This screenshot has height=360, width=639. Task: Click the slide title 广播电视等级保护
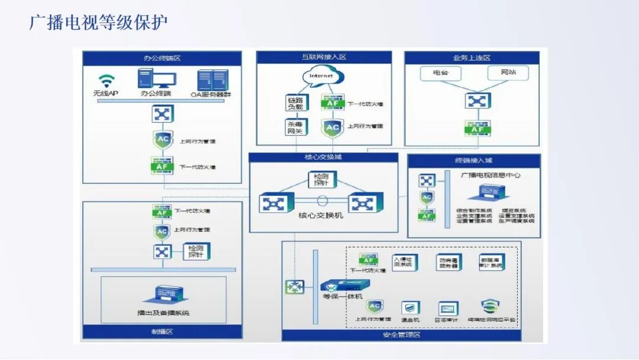click(x=98, y=22)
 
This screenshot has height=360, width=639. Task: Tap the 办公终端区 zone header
click(x=162, y=59)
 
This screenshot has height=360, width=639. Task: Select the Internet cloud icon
click(x=322, y=76)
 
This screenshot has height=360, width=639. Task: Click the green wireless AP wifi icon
click(x=106, y=81)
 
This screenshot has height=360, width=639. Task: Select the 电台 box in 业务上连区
click(x=441, y=73)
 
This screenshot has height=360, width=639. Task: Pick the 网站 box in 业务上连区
click(x=508, y=73)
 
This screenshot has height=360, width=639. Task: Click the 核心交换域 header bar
click(x=319, y=157)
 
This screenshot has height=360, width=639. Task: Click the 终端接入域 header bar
click(x=474, y=160)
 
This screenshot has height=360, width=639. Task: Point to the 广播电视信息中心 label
click(x=490, y=176)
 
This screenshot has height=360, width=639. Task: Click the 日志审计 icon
click(x=448, y=308)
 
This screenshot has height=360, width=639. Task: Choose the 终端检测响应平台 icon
click(x=490, y=307)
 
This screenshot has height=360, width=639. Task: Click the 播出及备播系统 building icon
click(x=163, y=294)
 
